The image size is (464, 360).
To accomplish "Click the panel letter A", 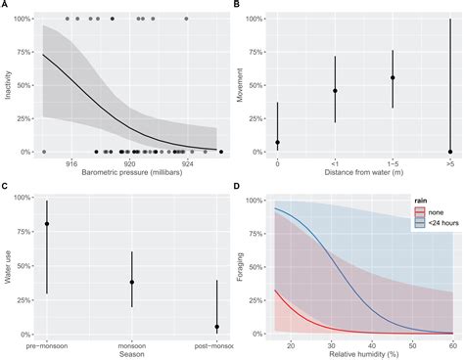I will pyautogui.click(x=6, y=6).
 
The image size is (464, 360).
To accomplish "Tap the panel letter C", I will pyautogui.click(x=6, y=187).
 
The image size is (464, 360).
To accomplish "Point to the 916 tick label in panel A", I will pyautogui.click(x=71, y=164).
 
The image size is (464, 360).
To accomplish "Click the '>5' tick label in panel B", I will pyautogui.click(x=449, y=164).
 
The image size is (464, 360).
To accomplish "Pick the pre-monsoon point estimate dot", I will pyautogui.click(x=47, y=224).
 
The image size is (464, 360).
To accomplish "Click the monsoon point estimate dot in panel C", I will pyautogui.click(x=132, y=282).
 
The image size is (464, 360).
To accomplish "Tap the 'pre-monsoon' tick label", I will pyautogui.click(x=47, y=344).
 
